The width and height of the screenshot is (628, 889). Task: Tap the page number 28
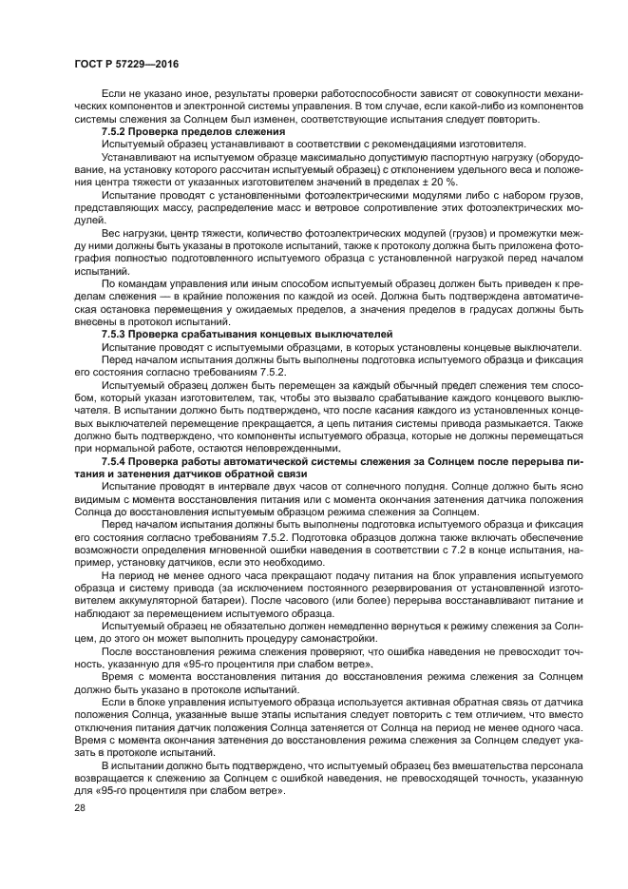[x=79, y=806]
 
